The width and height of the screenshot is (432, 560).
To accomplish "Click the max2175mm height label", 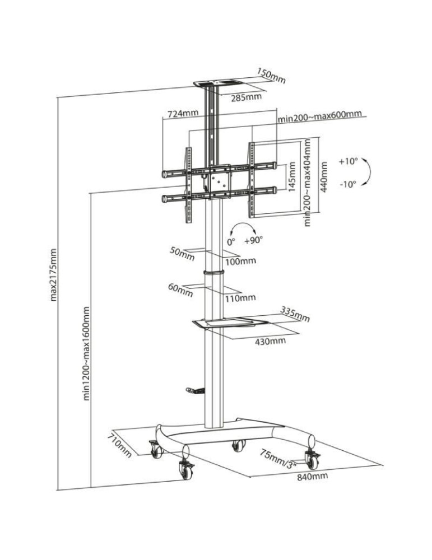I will pos(54,274).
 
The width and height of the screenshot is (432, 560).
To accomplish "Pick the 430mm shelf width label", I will pos(270,340).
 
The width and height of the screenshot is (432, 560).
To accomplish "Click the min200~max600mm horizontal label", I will pos(319,116).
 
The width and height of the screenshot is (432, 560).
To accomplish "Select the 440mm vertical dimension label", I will pos(323,177).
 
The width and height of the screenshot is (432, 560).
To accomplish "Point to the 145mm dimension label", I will pos(291,177).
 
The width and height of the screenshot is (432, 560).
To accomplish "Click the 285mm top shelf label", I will pos(246,97).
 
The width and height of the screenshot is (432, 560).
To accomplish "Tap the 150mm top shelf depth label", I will pos(272,76).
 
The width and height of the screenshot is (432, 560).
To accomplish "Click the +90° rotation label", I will pos(253,240).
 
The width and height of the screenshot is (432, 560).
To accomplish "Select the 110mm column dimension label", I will pos(240,297).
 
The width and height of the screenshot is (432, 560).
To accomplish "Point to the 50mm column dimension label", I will pos(182,253).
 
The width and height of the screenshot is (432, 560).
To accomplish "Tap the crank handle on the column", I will pos(193,390).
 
